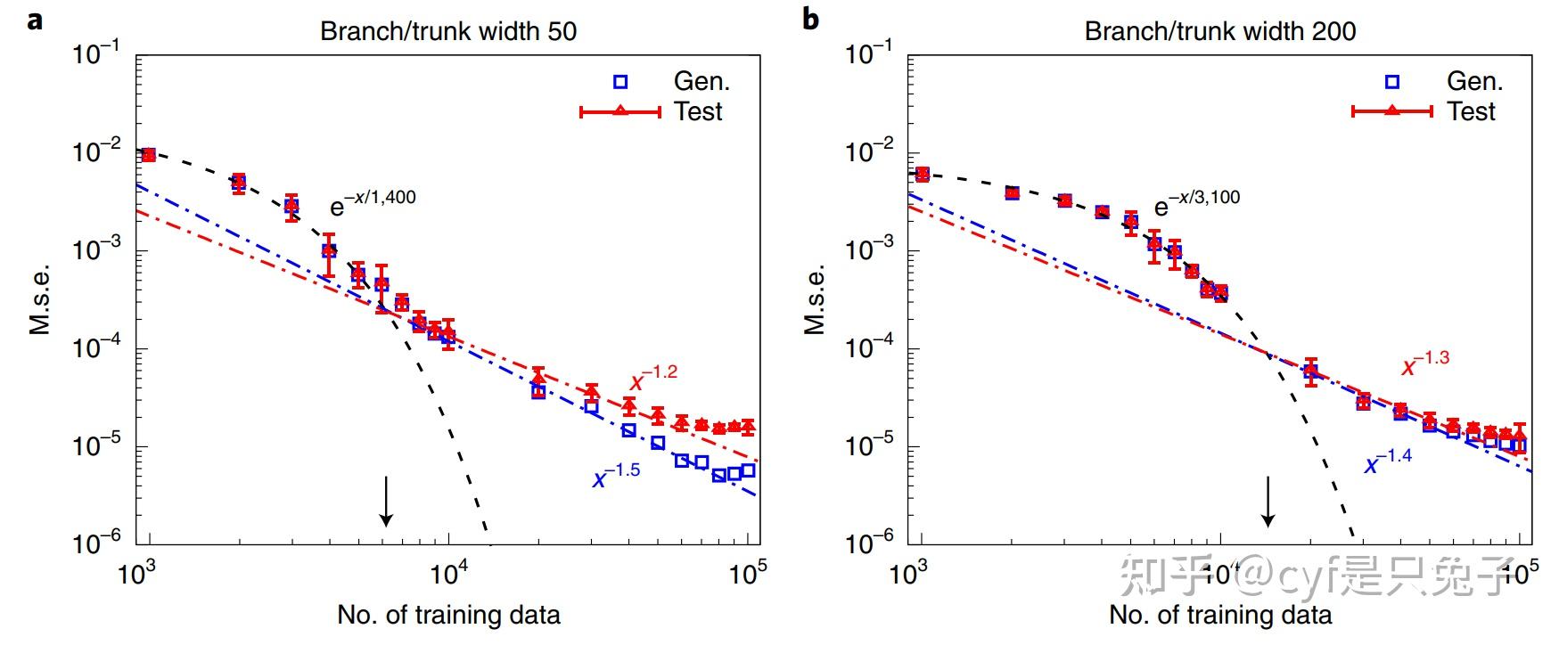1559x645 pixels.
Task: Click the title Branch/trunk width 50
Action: (x=448, y=32)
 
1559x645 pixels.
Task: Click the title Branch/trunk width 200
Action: (x=1219, y=32)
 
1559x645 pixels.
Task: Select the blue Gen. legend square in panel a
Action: (x=620, y=82)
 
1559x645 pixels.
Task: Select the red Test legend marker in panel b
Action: (x=1392, y=111)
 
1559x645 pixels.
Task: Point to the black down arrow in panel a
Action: (x=385, y=501)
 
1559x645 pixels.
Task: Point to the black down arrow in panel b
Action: (x=1268, y=501)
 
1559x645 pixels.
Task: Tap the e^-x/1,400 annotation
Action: (x=373, y=203)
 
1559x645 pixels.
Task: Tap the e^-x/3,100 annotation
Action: (x=1196, y=203)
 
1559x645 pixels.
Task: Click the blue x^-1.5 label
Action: (x=616, y=475)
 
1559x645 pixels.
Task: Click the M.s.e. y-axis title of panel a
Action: (x=40, y=299)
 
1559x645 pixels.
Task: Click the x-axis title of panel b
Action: (x=1219, y=615)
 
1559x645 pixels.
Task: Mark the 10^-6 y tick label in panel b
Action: (x=869, y=543)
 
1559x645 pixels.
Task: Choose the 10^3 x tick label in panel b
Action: (x=908, y=575)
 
